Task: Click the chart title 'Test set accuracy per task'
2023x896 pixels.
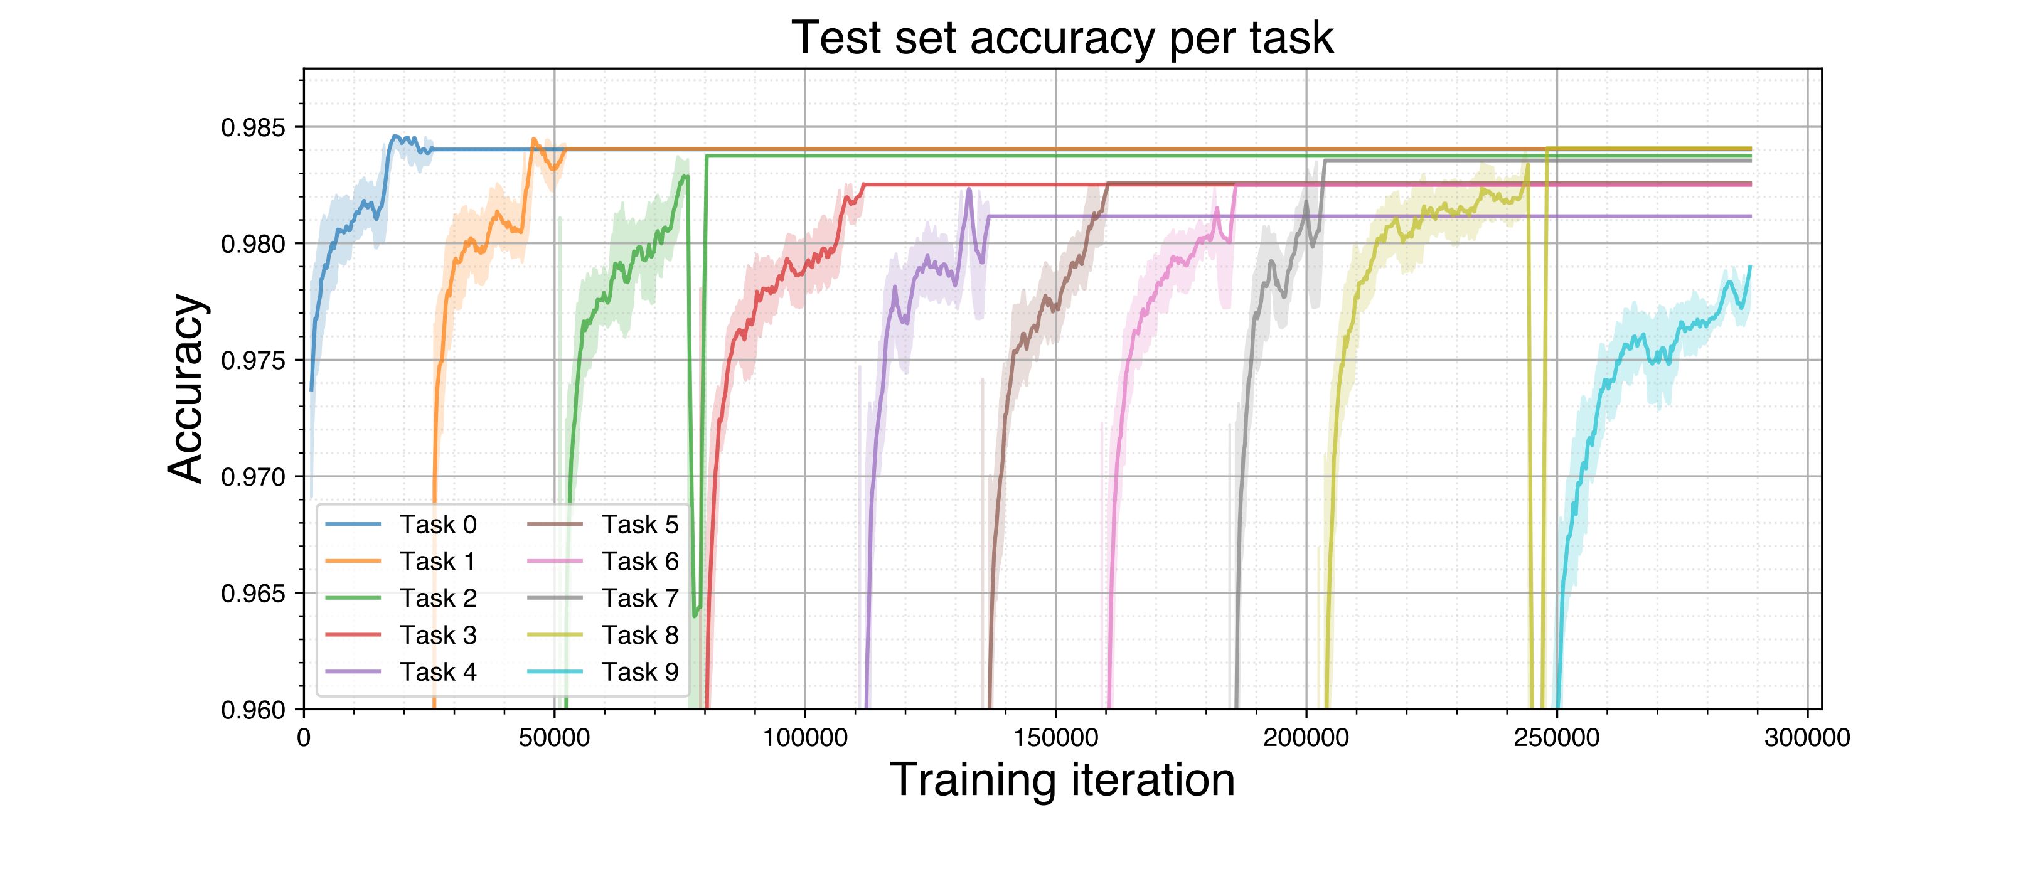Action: (x=1062, y=38)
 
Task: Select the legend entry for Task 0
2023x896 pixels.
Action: (x=437, y=524)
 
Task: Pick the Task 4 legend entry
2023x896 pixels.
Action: (x=437, y=671)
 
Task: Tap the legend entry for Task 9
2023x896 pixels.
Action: (x=639, y=671)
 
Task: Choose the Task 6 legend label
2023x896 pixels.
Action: (x=639, y=561)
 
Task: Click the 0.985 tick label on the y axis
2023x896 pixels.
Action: (x=253, y=127)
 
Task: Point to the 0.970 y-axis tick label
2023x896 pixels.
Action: (x=253, y=477)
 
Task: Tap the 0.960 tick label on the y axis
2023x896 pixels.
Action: (x=253, y=710)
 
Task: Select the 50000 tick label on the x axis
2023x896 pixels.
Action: (x=555, y=738)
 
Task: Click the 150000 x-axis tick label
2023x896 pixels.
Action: (x=1055, y=738)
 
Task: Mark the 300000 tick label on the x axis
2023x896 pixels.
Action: (x=1807, y=738)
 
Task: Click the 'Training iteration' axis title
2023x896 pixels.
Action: (x=1062, y=780)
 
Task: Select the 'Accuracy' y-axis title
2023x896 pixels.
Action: (x=187, y=389)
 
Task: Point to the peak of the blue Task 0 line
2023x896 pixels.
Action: (x=395, y=136)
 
